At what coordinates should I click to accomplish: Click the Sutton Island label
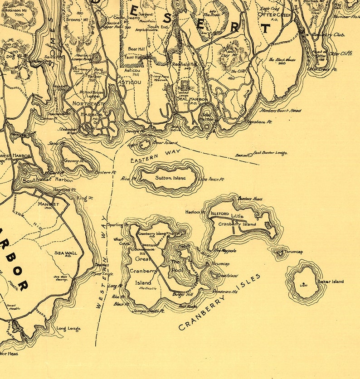coord(170,178)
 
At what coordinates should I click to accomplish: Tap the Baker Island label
coord(330,282)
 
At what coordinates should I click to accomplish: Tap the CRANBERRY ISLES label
coord(220,302)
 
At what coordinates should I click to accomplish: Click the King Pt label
coord(84,198)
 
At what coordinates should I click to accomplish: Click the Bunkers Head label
coord(250,199)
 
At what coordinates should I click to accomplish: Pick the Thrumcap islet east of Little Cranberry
coord(279,253)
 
